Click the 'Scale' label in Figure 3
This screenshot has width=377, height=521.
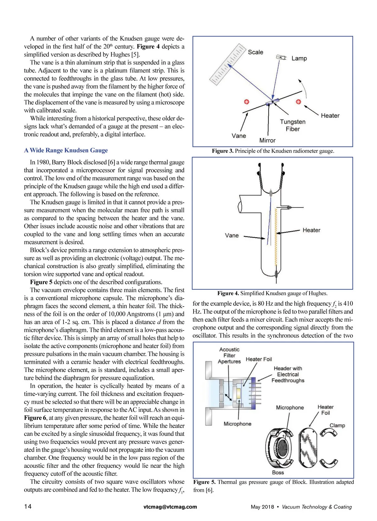tap(255, 52)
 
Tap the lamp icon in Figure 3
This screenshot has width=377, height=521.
tap(281, 58)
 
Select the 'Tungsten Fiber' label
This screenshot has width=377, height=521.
tap(292, 125)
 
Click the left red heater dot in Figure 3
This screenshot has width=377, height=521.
tap(247, 102)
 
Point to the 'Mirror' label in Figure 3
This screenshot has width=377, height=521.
tap(267, 140)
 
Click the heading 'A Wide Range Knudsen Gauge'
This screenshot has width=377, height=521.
tap(66, 150)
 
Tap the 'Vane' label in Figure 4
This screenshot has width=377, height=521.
tap(232, 236)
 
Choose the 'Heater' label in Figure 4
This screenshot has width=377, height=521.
tap(311, 230)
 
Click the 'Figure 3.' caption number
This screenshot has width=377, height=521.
tap(222, 151)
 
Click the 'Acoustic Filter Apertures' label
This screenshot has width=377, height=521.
tap(229, 355)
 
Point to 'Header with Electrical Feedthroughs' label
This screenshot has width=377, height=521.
tap(288, 374)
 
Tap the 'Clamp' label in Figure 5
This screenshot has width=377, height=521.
tap(337, 425)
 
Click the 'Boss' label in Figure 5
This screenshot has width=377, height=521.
tap(278, 472)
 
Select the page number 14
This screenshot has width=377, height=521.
tap(28, 507)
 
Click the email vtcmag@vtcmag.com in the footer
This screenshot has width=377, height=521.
tap(170, 507)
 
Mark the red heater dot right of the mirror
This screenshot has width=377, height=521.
tap(298, 102)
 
